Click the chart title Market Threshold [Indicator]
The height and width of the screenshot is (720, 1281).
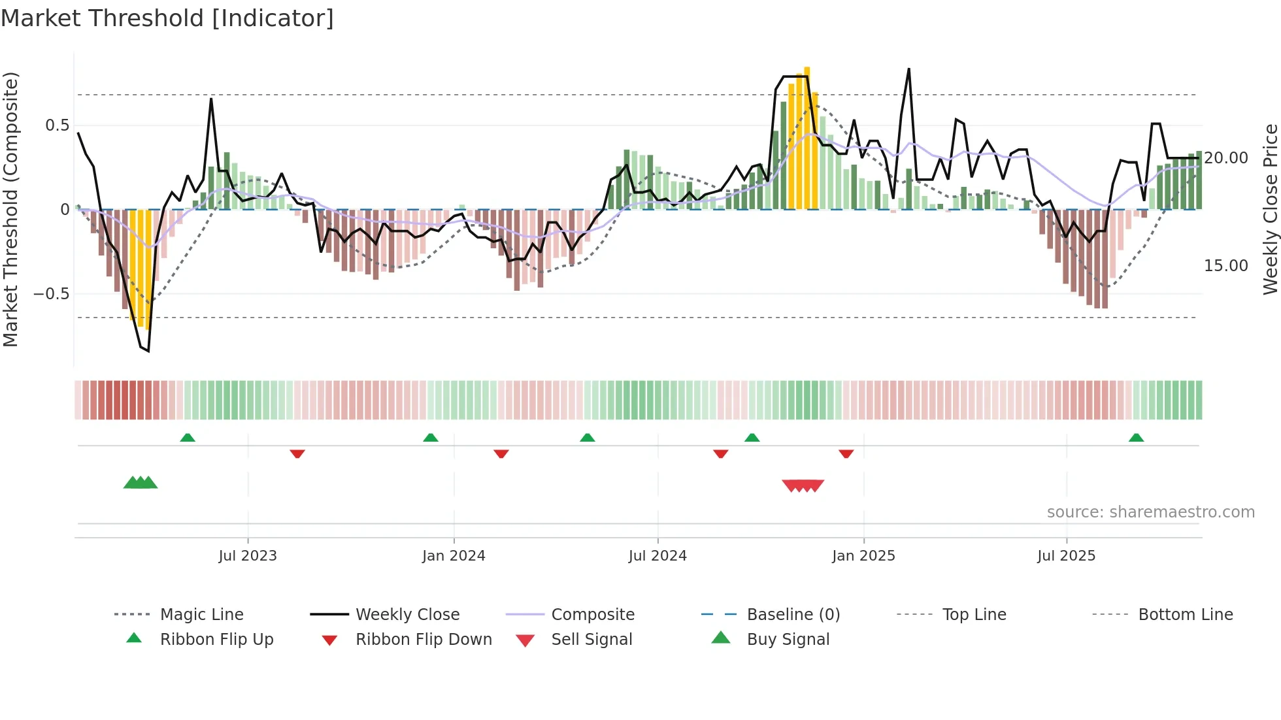(x=167, y=18)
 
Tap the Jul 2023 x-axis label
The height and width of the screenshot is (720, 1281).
(x=248, y=556)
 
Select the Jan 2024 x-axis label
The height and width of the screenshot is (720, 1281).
(x=454, y=556)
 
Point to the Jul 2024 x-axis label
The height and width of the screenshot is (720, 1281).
(x=657, y=556)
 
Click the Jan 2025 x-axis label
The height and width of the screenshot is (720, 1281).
(x=863, y=556)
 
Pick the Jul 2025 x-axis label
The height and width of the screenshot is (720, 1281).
(x=1066, y=556)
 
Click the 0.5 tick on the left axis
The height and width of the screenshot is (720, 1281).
(x=57, y=125)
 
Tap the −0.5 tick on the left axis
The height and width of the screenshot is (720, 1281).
(x=52, y=294)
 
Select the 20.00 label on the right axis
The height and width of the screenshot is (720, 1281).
(x=1226, y=158)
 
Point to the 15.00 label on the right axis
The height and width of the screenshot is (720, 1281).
(x=1226, y=266)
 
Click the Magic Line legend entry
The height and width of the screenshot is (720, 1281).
(x=201, y=615)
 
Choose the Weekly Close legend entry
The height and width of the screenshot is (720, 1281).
(x=407, y=615)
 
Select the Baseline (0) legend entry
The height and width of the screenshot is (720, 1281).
(x=793, y=615)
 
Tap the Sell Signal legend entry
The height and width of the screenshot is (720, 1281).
(x=591, y=640)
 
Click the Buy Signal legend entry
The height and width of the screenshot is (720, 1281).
(x=788, y=640)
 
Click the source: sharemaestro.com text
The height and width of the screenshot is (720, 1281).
(x=1150, y=512)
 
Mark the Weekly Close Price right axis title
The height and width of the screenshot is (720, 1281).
(x=1270, y=209)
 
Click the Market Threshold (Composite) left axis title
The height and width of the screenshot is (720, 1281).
(x=10, y=209)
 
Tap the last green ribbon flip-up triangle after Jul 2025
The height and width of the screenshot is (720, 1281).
(x=1136, y=438)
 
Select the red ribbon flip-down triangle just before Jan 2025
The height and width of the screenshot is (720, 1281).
(x=846, y=453)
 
